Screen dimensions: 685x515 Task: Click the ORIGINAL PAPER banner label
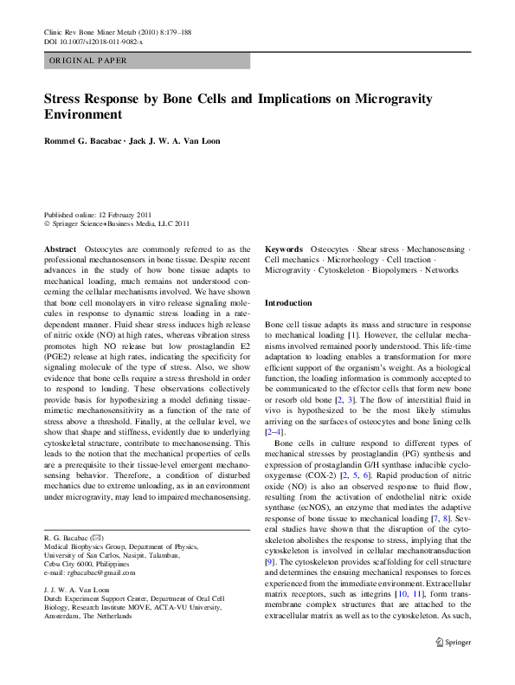click(x=88, y=61)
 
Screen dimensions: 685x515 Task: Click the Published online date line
click(x=98, y=214)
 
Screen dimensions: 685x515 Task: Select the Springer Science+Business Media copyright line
click(x=116, y=223)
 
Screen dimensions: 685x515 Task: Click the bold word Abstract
click(x=60, y=249)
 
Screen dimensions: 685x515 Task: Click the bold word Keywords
click(x=284, y=249)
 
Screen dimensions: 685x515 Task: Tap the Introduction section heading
click(x=288, y=304)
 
